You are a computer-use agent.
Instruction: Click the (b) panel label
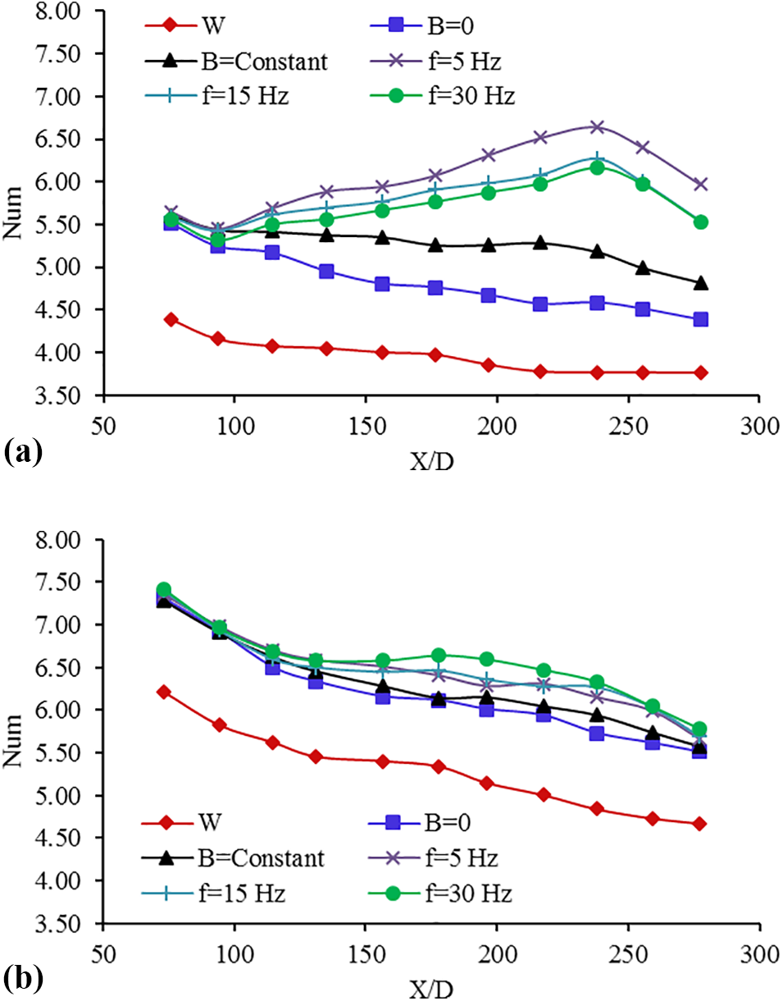23,979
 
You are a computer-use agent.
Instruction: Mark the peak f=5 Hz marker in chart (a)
597,126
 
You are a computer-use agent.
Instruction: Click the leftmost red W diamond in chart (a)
171,319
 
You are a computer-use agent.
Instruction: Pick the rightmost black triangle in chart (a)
700,283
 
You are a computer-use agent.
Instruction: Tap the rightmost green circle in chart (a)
700,222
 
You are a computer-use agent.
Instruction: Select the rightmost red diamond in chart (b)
699,824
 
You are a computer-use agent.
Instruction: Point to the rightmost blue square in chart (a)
700,319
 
